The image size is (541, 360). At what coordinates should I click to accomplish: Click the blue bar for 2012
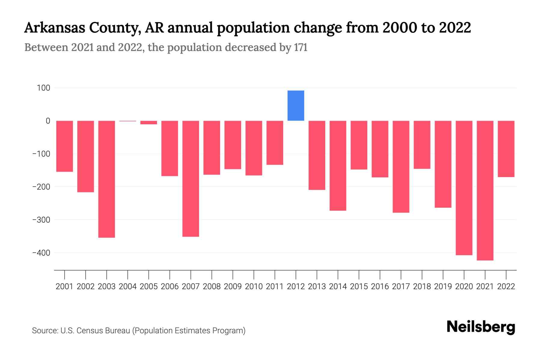point(296,106)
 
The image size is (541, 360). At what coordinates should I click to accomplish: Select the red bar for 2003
point(107,179)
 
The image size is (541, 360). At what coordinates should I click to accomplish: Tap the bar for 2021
point(485,190)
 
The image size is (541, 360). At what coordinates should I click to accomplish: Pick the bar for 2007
point(191,179)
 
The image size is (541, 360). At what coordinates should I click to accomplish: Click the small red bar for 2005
point(149,122)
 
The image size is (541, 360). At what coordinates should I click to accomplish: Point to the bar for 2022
point(506,149)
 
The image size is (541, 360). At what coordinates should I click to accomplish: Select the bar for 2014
point(338,166)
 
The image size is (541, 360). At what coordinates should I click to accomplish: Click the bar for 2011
point(275,143)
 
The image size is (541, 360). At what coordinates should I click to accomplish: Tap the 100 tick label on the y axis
point(44,88)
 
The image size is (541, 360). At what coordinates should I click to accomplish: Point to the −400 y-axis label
point(41,253)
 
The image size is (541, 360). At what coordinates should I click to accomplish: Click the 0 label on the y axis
point(48,121)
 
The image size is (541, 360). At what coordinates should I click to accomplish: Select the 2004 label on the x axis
point(128,286)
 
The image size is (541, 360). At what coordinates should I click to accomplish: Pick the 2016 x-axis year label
point(380,286)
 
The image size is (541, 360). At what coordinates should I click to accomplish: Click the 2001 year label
point(65,286)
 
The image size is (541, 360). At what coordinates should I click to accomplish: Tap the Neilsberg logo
point(481,327)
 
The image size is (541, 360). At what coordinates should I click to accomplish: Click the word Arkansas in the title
point(54,28)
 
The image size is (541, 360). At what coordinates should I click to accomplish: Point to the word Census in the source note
point(90,331)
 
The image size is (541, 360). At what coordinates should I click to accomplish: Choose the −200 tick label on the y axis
point(41,187)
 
